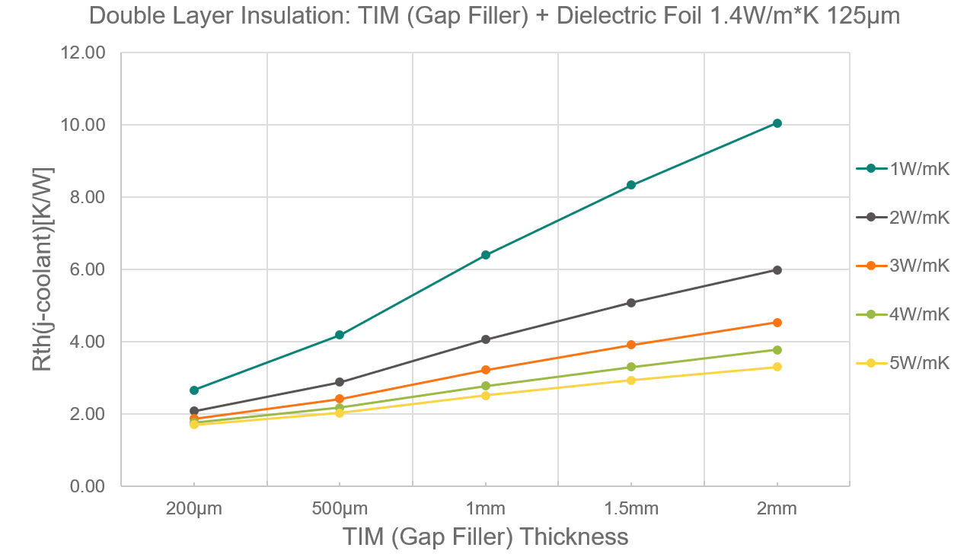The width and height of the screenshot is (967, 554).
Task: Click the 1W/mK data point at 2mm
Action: point(777,123)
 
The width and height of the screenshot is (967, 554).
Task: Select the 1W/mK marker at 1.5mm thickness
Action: point(631,185)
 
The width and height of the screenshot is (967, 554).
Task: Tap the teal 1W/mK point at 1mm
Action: point(486,255)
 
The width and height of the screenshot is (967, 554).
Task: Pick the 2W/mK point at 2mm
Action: point(777,270)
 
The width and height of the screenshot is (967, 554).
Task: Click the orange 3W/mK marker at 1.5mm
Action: point(631,345)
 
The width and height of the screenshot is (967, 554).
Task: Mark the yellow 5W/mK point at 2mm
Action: point(777,367)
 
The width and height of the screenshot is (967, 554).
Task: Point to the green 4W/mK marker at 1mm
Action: point(486,386)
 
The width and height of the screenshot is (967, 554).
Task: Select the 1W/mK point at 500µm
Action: point(340,335)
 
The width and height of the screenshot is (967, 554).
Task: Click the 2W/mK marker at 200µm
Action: point(194,411)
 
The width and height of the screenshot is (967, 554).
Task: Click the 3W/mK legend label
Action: point(919,266)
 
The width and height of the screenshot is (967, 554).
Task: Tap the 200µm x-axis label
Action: point(194,509)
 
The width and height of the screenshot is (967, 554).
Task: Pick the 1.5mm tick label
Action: point(631,509)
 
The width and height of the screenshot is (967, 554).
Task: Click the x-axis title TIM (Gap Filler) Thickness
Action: point(485,536)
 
